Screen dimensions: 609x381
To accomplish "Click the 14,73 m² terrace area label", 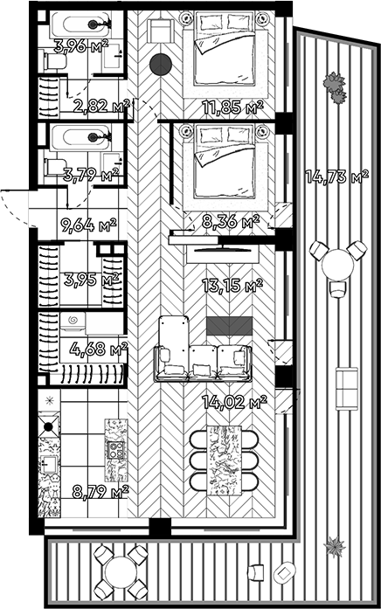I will coord(336,177).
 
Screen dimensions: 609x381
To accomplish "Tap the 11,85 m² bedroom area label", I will coord(232,108).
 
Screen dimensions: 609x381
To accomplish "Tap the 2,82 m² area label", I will coord(102,107).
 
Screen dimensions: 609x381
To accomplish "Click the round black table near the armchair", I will coord(159,64).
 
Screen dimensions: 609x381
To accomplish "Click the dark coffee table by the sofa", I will coord(225,326).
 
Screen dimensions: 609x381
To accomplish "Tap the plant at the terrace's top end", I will coord(334,82).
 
